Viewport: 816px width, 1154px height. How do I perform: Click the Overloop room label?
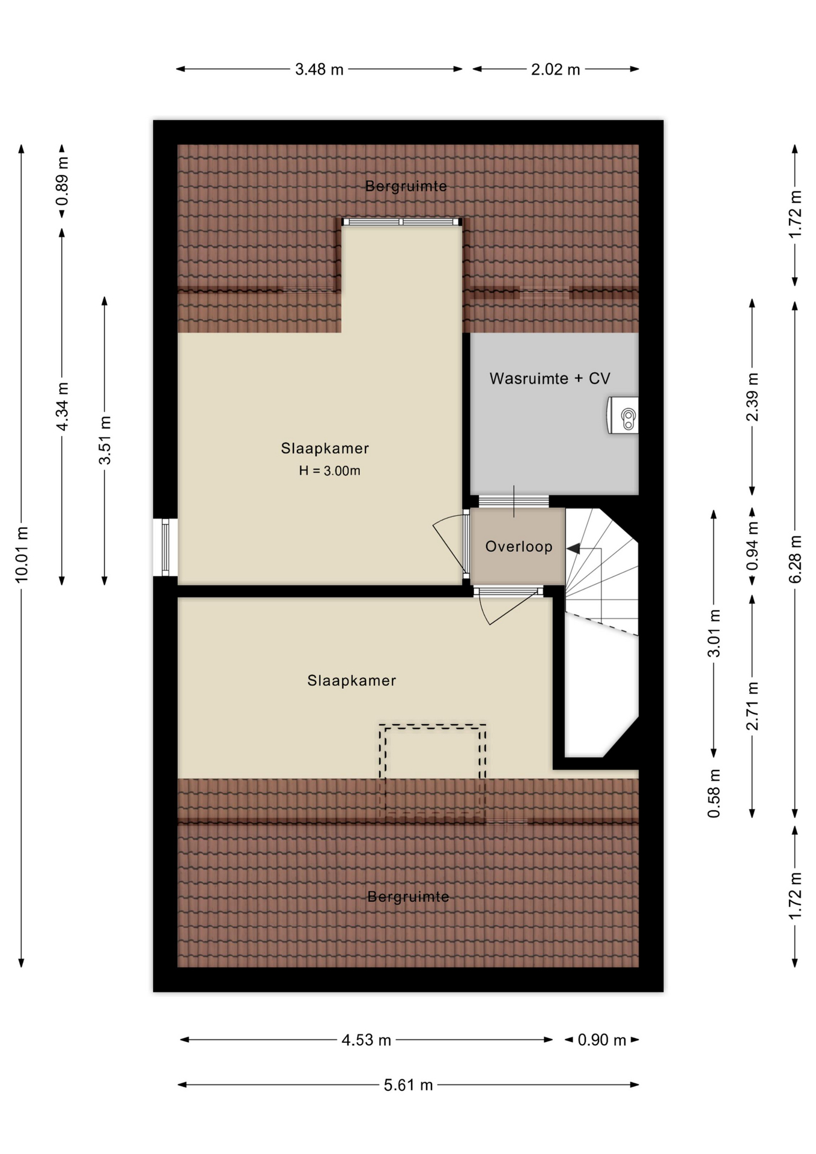click(519, 546)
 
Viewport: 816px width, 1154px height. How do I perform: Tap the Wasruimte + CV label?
click(550, 379)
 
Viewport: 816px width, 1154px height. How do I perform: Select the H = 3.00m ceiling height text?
click(330, 471)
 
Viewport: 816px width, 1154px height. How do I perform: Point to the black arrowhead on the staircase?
click(573, 548)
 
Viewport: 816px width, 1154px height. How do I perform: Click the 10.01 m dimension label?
click(22, 554)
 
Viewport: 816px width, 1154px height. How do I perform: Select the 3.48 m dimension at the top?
click(319, 70)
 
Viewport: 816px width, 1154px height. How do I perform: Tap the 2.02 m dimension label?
click(555, 70)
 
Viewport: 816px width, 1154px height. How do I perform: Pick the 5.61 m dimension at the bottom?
click(409, 1085)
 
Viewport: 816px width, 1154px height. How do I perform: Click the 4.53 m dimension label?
click(367, 1040)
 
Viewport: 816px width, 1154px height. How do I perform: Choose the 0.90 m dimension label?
click(602, 1040)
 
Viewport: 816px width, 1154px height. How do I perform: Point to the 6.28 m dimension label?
click(795, 559)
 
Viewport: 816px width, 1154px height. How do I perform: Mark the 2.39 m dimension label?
click(752, 397)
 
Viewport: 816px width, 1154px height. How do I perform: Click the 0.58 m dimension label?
click(714, 793)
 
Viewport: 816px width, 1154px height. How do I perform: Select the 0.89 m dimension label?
click(62, 181)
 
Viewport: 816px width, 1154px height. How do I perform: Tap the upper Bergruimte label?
click(406, 186)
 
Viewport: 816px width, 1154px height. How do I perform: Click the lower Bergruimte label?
click(409, 897)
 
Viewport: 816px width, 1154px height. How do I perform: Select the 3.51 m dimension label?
click(105, 441)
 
